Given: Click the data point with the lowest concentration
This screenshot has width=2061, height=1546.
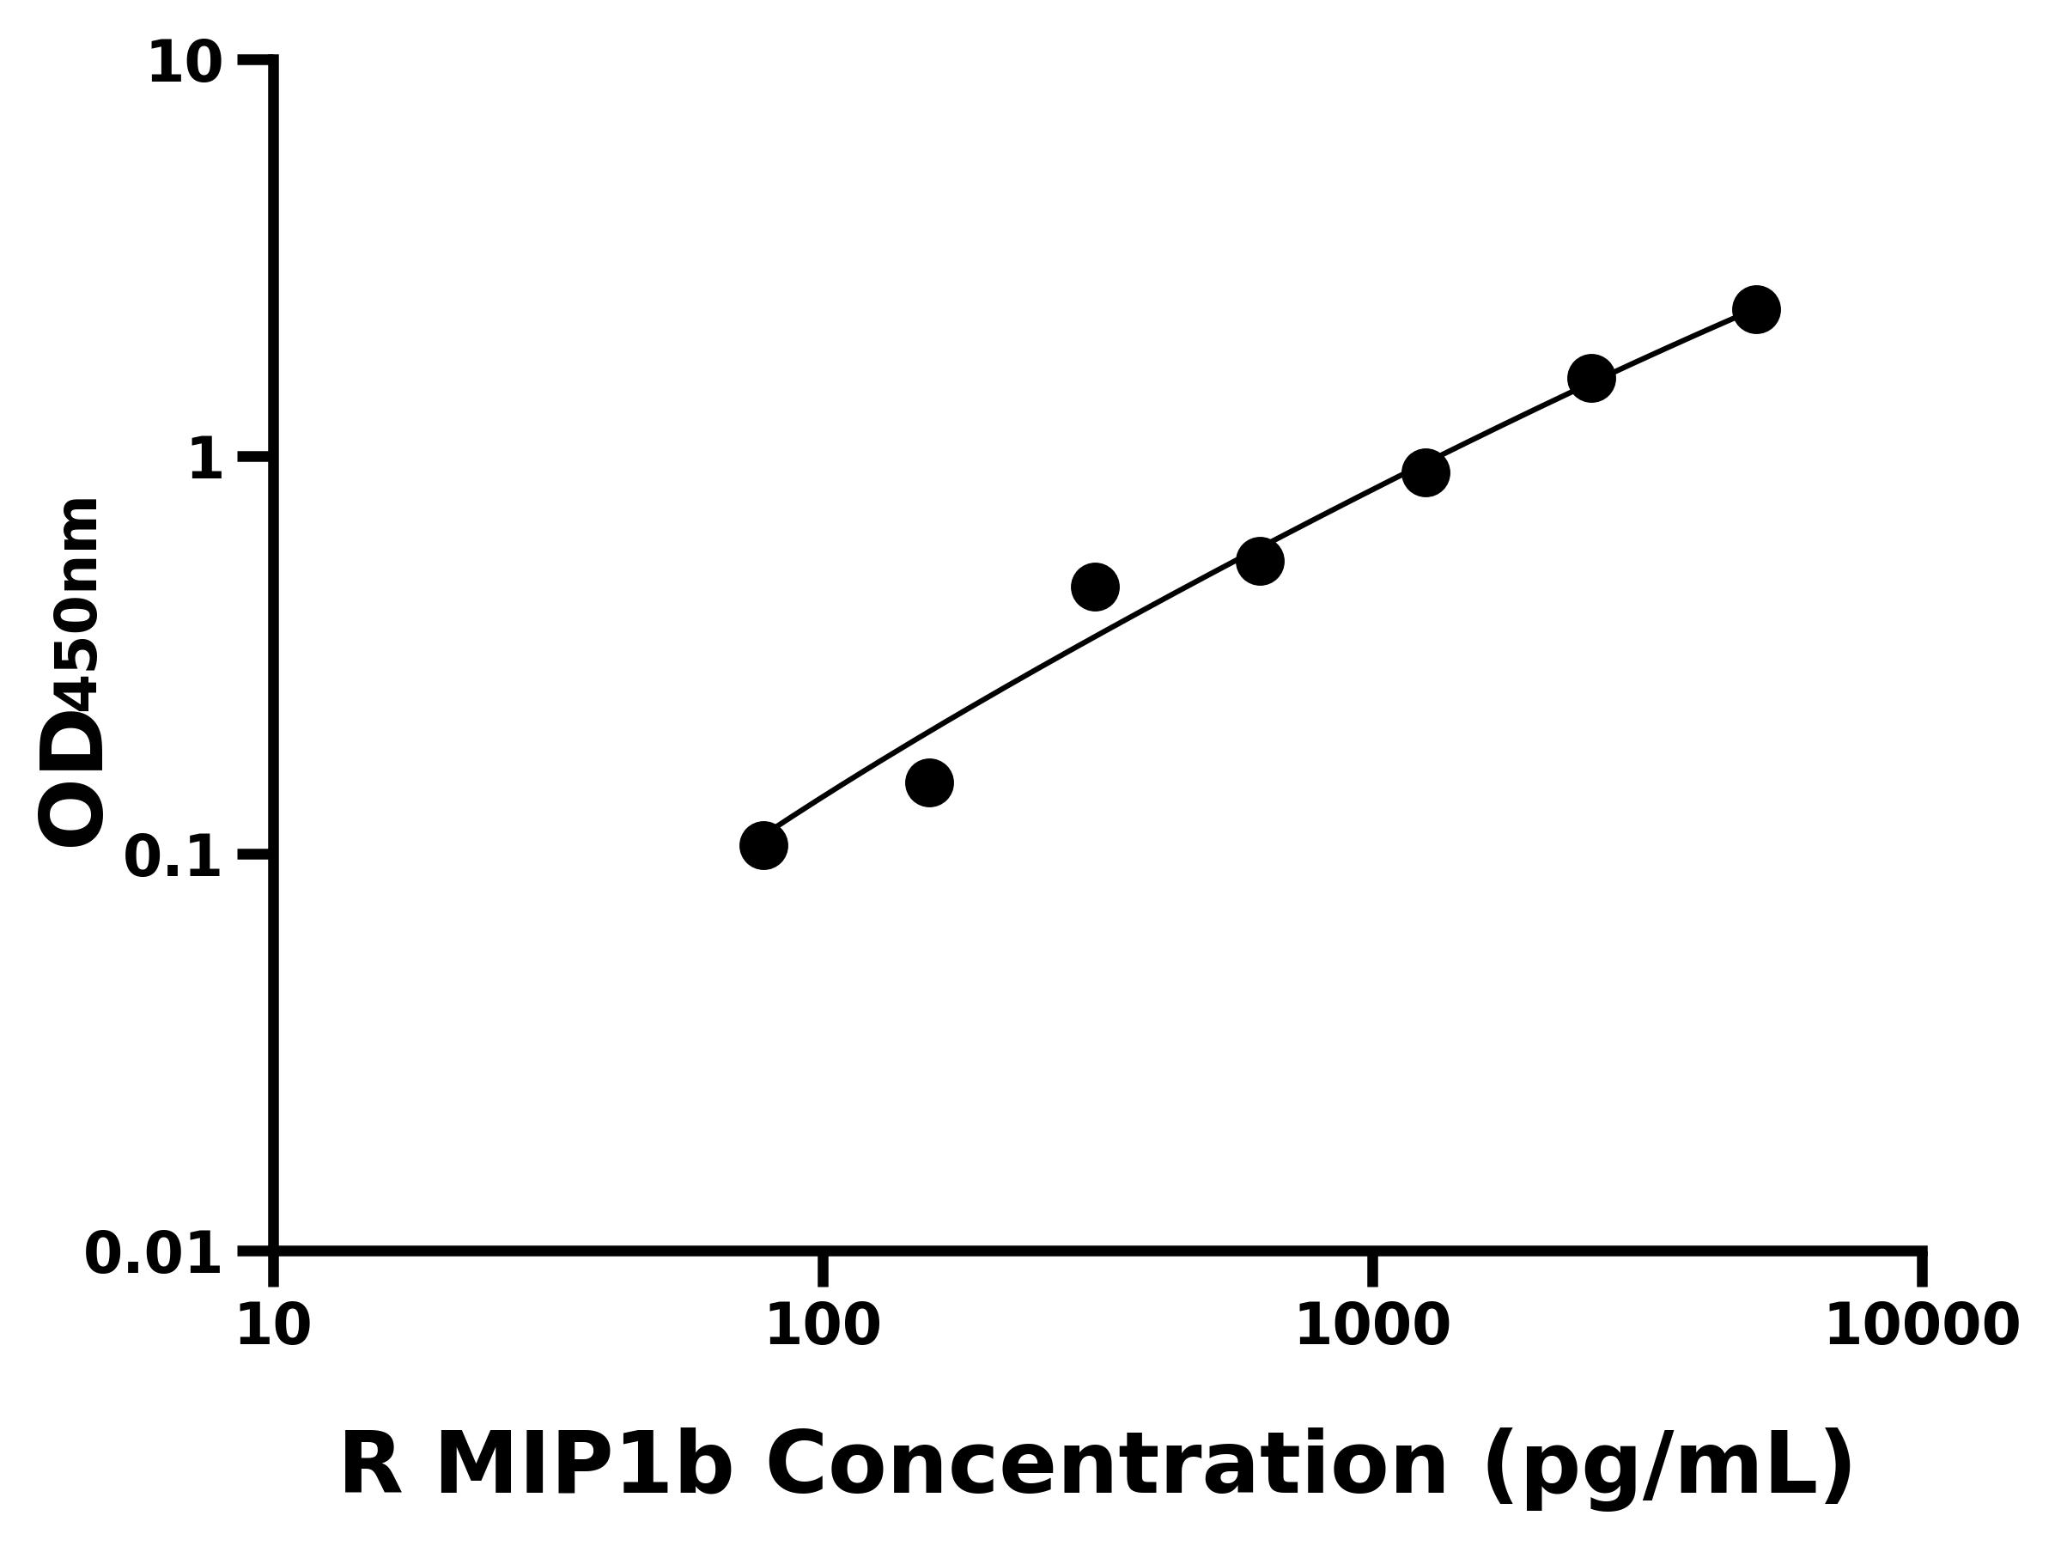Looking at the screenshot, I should pyautogui.click(x=763, y=845).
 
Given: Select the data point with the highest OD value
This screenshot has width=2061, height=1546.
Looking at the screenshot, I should pyautogui.click(x=1756, y=309).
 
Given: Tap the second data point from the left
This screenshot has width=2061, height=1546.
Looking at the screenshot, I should pyautogui.click(x=929, y=782).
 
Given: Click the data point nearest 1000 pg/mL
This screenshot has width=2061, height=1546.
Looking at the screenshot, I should pyautogui.click(x=1426, y=472).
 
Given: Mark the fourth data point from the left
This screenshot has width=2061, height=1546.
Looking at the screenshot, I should pyautogui.click(x=1260, y=560).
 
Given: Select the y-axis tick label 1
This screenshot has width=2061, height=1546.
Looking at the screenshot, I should pyautogui.click(x=206, y=460).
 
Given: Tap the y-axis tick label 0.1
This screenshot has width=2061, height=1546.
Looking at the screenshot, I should pyautogui.click(x=173, y=857).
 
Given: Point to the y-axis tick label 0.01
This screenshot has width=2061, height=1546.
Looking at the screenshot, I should pyautogui.click(x=154, y=1254).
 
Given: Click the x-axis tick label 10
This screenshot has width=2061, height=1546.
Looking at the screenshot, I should pyautogui.click(x=273, y=1326).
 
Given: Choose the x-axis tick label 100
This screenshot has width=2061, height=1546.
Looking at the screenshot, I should pyautogui.click(x=823, y=1326).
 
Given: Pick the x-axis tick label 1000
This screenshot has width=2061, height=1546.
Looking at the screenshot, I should pyautogui.click(x=1372, y=1326).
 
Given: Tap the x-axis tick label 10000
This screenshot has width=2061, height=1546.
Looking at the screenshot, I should pyautogui.click(x=1922, y=1326).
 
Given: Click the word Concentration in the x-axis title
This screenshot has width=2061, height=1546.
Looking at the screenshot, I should pyautogui.click(x=1106, y=1466).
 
